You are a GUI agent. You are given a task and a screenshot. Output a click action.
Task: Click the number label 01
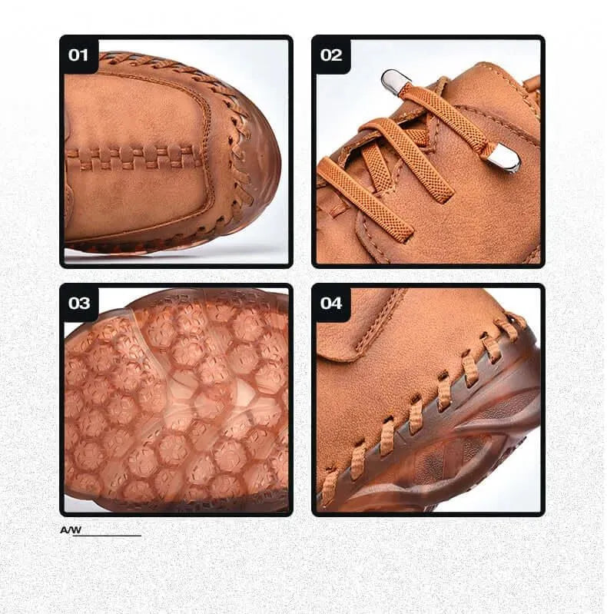[78, 55]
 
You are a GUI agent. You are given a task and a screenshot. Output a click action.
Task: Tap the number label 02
[331, 55]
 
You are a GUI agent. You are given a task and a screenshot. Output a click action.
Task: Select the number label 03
[78, 303]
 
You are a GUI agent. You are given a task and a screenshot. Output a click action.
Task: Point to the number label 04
[331, 303]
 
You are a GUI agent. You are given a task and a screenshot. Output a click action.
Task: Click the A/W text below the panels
[71, 529]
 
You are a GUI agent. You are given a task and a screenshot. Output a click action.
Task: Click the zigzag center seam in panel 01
[133, 158]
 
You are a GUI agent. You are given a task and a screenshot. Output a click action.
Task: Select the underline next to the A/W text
[107, 536]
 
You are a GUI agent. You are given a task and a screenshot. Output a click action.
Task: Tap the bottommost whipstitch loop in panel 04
[330, 487]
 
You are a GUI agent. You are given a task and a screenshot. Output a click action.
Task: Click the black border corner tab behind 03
[78, 302]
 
